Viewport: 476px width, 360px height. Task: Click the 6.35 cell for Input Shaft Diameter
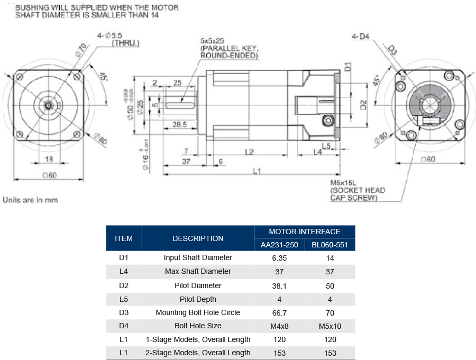tap(279, 258)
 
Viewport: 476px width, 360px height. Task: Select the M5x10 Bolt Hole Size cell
tap(330, 326)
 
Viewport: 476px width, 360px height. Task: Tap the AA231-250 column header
tap(279, 245)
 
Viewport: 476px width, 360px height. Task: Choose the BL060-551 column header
tap(330, 245)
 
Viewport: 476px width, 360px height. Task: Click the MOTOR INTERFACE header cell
tap(304, 232)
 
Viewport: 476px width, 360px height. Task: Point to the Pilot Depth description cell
tap(198, 299)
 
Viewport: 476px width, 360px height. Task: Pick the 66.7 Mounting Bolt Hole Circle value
tap(279, 312)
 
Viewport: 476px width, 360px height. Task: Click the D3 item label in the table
tap(124, 312)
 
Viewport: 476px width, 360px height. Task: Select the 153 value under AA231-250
tap(279, 353)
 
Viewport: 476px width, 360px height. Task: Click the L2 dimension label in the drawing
tap(249, 152)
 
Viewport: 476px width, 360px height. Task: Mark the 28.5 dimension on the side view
tap(179, 125)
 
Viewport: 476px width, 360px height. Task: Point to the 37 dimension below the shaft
tap(186, 161)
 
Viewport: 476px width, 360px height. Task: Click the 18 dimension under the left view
tap(48, 159)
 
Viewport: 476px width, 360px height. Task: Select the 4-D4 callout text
tap(361, 36)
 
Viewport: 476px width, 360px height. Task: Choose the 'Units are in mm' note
tap(30, 200)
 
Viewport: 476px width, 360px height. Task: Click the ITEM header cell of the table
tap(124, 238)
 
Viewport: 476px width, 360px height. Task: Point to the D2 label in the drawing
tap(363, 104)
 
